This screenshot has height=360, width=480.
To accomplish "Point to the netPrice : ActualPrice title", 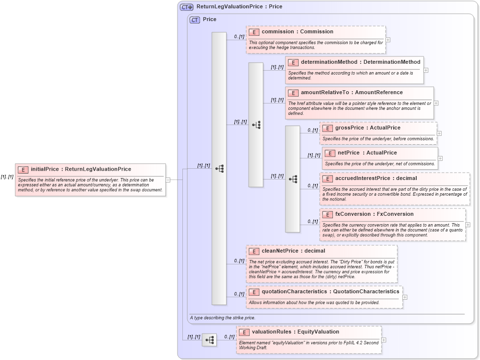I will coord(367,153).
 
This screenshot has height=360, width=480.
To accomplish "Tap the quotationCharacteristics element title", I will coord(330,292).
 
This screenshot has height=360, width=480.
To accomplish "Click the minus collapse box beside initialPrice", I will coord(168,180).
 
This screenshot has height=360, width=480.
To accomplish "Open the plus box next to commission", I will coord(388,40).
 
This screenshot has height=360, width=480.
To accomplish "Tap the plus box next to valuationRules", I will coord(383,340).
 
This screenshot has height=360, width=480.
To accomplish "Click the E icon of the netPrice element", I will coord(330,154).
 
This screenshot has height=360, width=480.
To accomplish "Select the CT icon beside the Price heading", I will coord(195,20).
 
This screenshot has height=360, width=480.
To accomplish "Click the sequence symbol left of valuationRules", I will coord(209,340).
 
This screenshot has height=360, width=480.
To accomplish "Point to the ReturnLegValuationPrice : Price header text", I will coord(239,7).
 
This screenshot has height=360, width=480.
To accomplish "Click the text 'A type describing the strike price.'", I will coord(223,318).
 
